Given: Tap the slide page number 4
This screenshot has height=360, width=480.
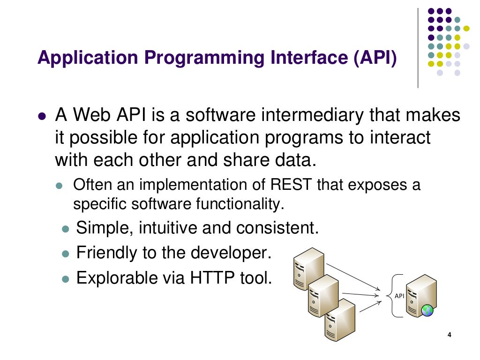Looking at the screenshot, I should pyautogui.click(x=450, y=335).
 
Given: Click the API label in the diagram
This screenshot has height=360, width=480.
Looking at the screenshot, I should pyautogui.click(x=399, y=296).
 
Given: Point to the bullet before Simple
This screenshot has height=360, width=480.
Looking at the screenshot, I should pyautogui.click(x=66, y=229).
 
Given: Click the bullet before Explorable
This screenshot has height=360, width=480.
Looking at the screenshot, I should pyautogui.click(x=66, y=279).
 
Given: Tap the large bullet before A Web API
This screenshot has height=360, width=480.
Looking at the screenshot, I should pyautogui.click(x=42, y=116).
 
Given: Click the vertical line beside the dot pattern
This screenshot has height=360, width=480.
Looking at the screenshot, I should pyautogui.click(x=418, y=47).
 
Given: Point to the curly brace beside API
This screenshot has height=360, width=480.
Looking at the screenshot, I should pyautogui.click(x=390, y=296).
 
